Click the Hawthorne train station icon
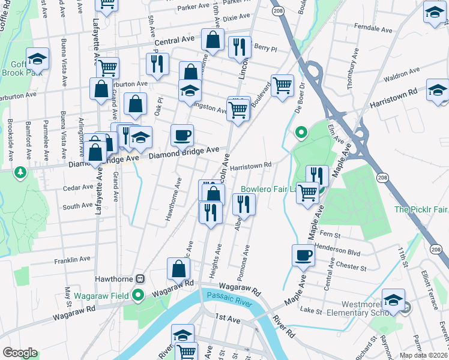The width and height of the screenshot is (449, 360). pyautogui.click(x=140, y=279)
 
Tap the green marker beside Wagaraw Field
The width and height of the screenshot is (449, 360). pyautogui.click(x=137, y=295)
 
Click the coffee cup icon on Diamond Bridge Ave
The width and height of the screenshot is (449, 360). pyautogui.click(x=182, y=135)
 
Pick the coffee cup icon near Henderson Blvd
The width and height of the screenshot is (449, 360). pyautogui.click(x=303, y=255)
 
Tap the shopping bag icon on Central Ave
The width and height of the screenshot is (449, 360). pyautogui.click(x=212, y=40)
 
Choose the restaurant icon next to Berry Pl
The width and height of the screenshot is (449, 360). pyautogui.click(x=240, y=46)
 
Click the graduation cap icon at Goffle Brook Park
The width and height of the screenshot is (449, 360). pyautogui.click(x=37, y=58)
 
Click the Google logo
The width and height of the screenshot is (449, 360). pyautogui.click(x=20, y=352)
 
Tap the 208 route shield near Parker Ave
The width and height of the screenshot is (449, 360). pyautogui.click(x=277, y=11)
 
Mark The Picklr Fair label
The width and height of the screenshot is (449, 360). pyautogui.click(x=421, y=209)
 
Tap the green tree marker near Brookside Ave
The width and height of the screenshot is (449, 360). pyautogui.click(x=21, y=172)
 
